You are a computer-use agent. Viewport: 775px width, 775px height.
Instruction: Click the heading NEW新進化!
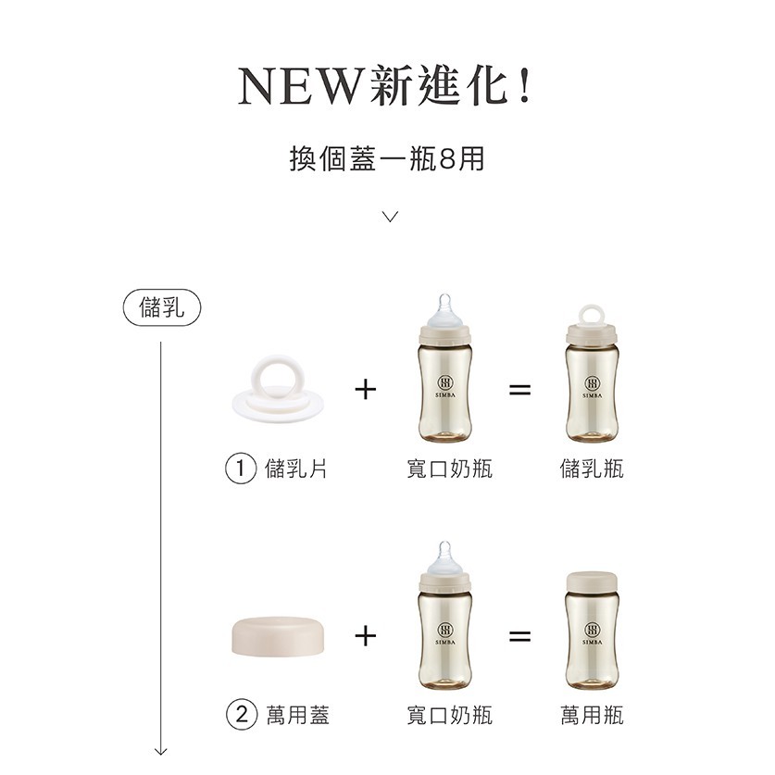click(x=385, y=86)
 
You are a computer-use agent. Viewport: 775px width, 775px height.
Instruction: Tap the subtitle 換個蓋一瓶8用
click(x=387, y=158)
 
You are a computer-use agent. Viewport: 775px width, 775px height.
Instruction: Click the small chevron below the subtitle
click(x=391, y=217)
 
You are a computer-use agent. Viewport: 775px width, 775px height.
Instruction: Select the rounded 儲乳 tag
click(x=162, y=307)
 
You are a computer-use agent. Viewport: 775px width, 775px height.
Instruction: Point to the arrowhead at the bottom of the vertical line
click(x=160, y=751)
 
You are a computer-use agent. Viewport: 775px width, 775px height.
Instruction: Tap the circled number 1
click(x=241, y=469)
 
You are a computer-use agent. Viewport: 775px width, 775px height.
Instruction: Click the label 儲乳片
click(x=296, y=469)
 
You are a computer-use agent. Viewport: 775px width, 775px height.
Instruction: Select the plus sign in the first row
click(x=366, y=390)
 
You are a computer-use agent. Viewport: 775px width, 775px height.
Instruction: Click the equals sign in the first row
click(x=520, y=390)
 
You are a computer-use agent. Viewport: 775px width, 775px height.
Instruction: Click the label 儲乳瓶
click(x=592, y=469)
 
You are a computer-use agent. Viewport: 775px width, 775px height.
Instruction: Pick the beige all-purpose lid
click(x=279, y=637)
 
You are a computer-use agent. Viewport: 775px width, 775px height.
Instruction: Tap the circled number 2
click(x=241, y=715)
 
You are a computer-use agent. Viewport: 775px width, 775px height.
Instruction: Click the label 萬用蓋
click(x=297, y=715)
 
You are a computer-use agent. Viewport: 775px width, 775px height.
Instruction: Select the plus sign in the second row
click(x=366, y=636)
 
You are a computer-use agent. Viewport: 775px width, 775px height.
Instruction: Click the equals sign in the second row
click(x=520, y=636)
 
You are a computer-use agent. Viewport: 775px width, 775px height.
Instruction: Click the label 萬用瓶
click(x=592, y=715)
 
